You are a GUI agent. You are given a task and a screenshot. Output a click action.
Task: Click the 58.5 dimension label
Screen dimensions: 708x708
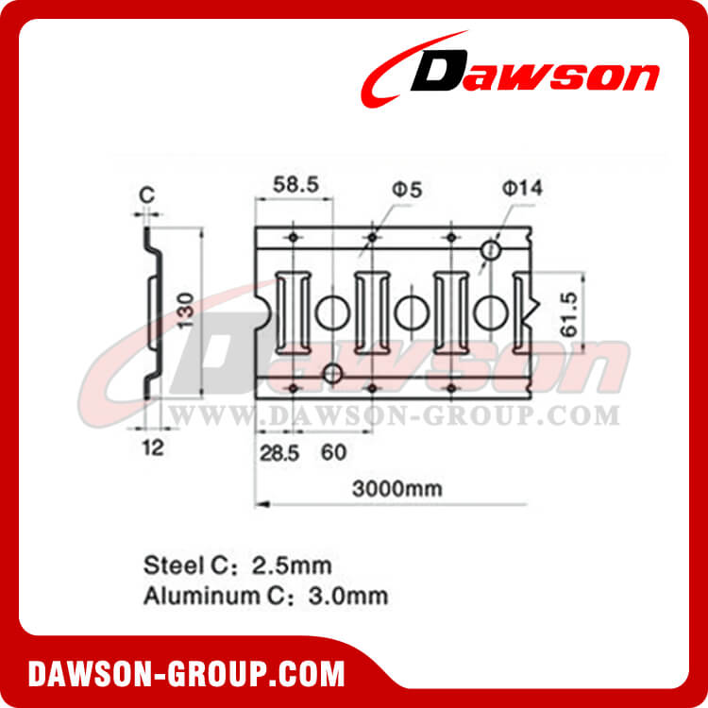point(296,185)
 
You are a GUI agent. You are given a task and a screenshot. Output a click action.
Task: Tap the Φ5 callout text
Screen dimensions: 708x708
point(407,190)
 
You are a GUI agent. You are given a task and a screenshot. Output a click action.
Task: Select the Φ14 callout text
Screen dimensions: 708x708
point(522,188)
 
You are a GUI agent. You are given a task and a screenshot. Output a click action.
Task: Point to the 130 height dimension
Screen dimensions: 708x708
point(186,311)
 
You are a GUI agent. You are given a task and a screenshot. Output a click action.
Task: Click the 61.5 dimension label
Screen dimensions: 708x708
point(569,314)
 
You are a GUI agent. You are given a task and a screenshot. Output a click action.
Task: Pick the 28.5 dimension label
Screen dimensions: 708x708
point(279,453)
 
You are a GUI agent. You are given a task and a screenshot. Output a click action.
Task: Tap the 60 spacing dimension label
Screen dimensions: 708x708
point(333,452)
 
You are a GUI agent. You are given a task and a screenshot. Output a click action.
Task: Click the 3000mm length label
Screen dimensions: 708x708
point(397,489)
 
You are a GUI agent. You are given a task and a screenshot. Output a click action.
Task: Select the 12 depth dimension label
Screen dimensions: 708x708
point(153,447)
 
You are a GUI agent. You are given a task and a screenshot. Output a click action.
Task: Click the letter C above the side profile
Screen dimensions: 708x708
point(146,194)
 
